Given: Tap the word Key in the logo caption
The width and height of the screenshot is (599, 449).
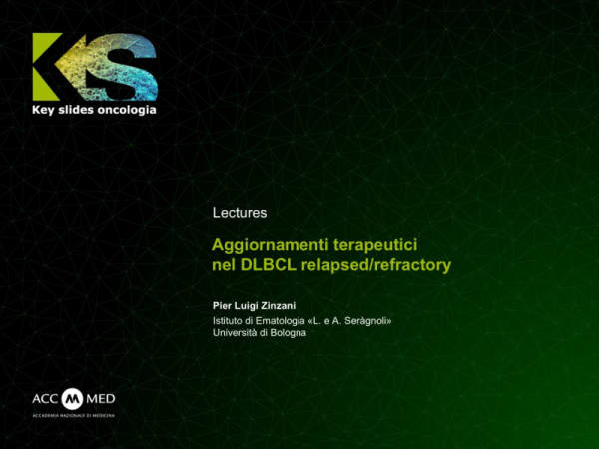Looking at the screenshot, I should pyautogui.click(x=46, y=109).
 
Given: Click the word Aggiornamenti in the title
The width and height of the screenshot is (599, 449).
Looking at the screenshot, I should pyautogui.click(x=265, y=245).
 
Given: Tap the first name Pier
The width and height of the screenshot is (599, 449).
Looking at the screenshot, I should pyautogui.click(x=223, y=304).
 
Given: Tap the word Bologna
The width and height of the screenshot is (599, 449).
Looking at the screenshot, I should pyautogui.click(x=287, y=333).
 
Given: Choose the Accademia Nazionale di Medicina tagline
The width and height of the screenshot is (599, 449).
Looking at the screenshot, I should pyautogui.click(x=73, y=414).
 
